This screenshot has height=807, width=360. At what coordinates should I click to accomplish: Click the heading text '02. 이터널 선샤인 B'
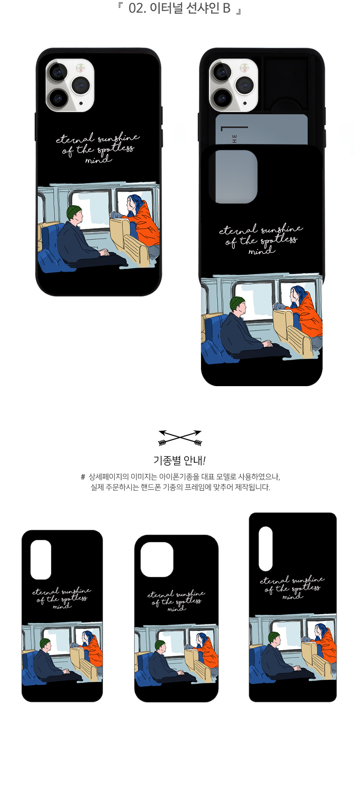pyautogui.click(x=180, y=8)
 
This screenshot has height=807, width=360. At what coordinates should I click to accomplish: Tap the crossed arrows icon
pyautogui.click(x=180, y=438)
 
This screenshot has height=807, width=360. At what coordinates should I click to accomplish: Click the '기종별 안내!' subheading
pyautogui.click(x=180, y=461)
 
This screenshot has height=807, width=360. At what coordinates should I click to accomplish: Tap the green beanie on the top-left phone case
pyautogui.click(x=74, y=212)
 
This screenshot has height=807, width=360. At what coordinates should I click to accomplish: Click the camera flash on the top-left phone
pyautogui.click(x=80, y=67)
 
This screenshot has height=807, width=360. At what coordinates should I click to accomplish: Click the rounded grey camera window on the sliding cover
pyautogui.click(x=233, y=177)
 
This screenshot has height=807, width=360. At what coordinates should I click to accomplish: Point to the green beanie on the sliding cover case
pyautogui.click(x=237, y=303)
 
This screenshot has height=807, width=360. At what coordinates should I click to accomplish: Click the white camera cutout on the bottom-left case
pyautogui.click(x=41, y=559)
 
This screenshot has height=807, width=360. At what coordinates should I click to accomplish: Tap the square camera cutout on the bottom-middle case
pyautogui.click(x=157, y=560)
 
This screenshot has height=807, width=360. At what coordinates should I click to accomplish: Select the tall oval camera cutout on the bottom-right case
pyautogui.click(x=266, y=548)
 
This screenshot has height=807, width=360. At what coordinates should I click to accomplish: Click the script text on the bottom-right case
pyautogui.click(x=292, y=587)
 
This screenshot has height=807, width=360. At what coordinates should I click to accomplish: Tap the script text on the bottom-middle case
pyautogui.click(x=176, y=601)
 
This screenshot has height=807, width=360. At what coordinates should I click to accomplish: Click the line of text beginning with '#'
pyautogui.click(x=180, y=477)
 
